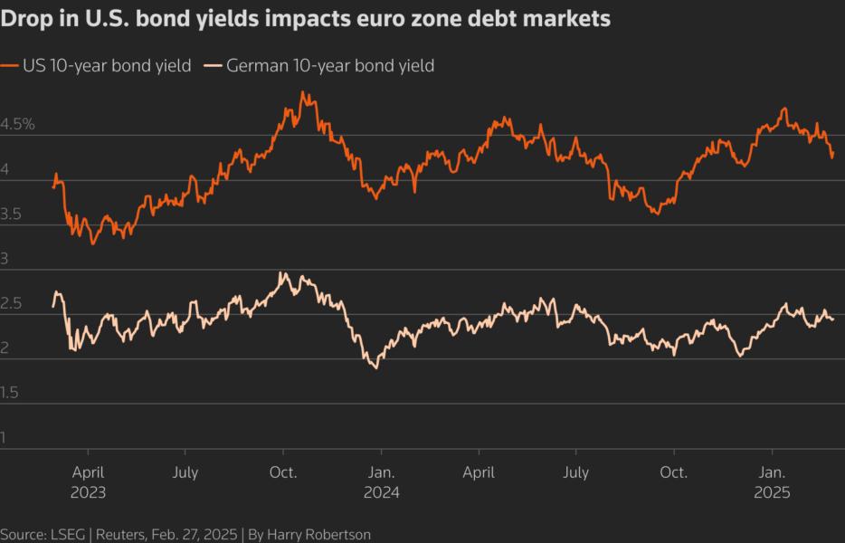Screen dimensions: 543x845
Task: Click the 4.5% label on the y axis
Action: pos(17,124)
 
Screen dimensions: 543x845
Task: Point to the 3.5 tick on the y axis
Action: pos(12,214)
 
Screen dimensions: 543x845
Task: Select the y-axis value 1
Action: pos(4,438)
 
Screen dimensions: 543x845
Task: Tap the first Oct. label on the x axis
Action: pos(283,472)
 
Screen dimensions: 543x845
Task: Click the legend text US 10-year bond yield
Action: pos(107,66)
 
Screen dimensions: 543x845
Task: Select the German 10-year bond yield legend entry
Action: pos(329,66)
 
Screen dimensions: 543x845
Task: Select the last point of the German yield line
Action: pos(832,319)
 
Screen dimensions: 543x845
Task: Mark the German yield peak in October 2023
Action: pos(283,272)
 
